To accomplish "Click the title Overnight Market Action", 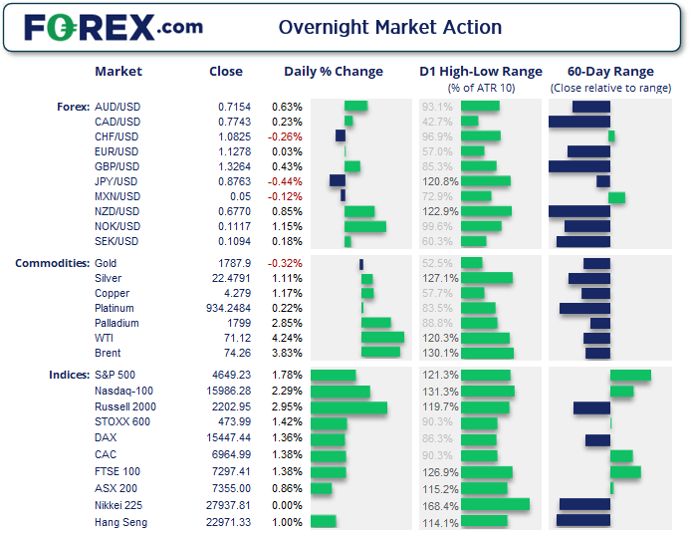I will (x=390, y=27).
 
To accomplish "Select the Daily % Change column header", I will (x=334, y=72).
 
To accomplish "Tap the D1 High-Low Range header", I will (x=481, y=72).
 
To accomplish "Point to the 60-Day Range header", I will (x=610, y=72).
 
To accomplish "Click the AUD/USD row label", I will (x=116, y=107).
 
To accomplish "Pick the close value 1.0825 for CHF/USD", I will (x=234, y=136).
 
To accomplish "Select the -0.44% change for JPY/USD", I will (x=287, y=181).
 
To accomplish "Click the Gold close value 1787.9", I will (x=234, y=264).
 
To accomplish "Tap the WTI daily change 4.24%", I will (x=287, y=339).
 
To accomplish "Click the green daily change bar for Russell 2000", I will (x=348, y=407).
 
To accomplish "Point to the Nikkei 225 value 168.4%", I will (x=440, y=506).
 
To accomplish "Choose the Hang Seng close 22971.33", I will (x=231, y=522).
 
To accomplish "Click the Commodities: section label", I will (x=52, y=263).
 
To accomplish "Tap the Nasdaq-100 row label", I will (x=123, y=392).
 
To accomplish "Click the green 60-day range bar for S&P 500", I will (x=630, y=376).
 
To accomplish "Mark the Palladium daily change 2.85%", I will (x=287, y=324).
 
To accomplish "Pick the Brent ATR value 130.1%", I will (x=440, y=354).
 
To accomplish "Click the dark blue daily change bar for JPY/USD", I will (x=338, y=181).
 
